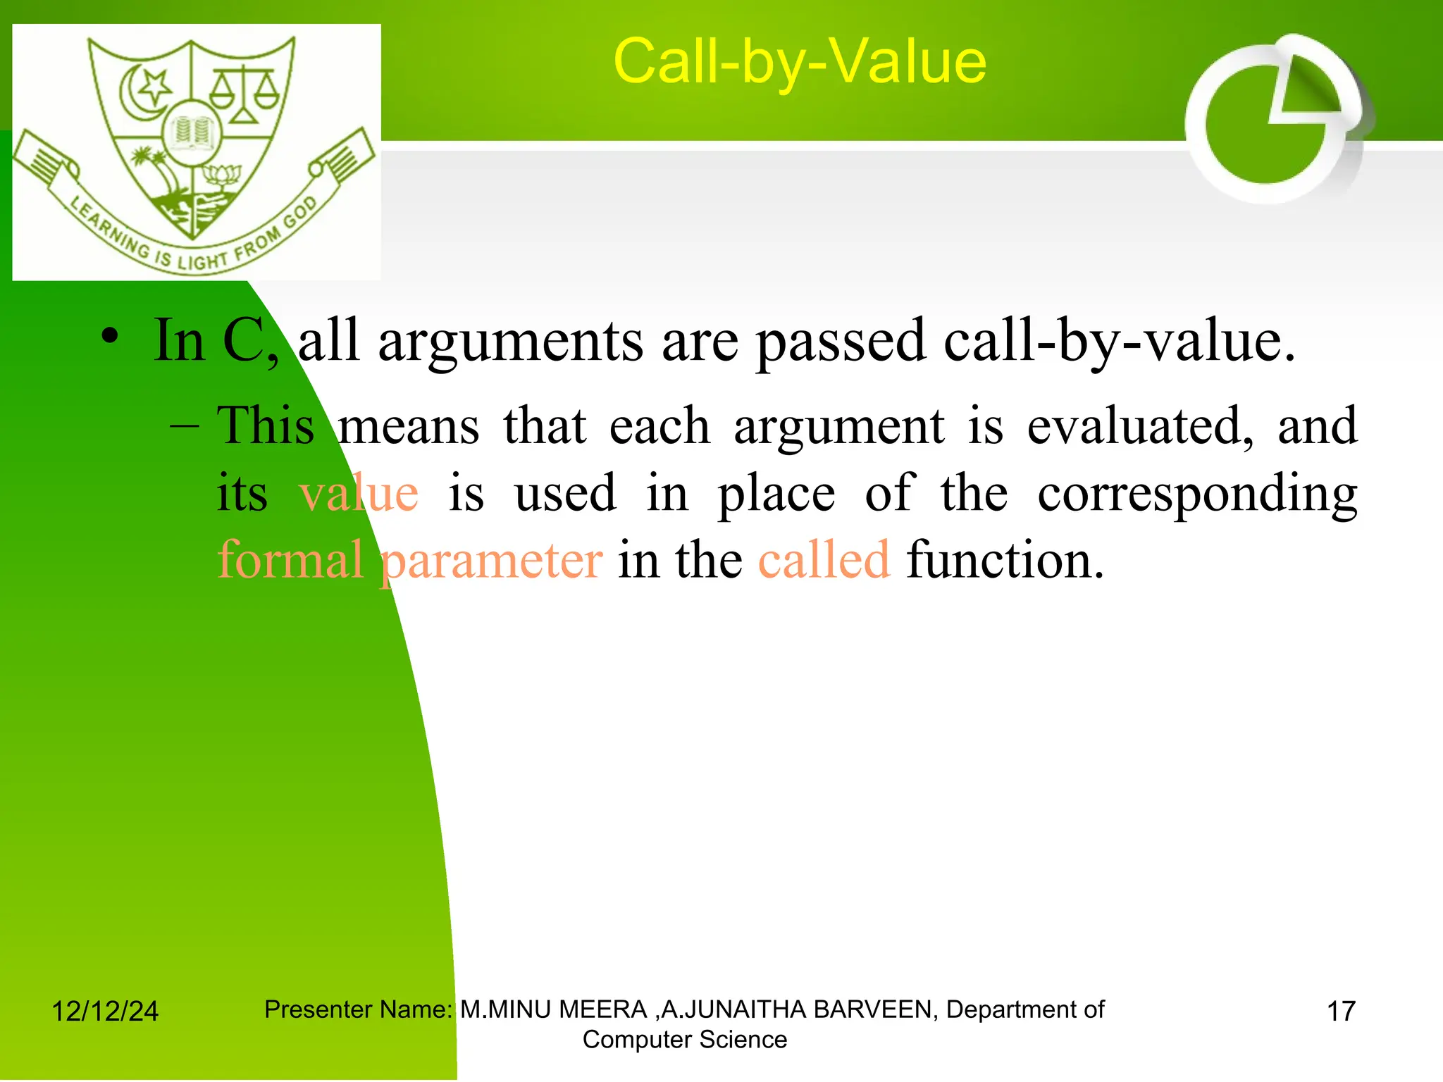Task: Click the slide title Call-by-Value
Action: (x=800, y=62)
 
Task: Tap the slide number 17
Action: (x=1341, y=1012)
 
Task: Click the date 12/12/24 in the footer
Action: (x=105, y=1012)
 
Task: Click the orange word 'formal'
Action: (x=290, y=560)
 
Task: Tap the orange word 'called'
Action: (x=824, y=560)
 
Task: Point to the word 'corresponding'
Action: (x=1197, y=495)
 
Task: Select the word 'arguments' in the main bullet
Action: (x=510, y=342)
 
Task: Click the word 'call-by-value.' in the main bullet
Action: (x=1119, y=342)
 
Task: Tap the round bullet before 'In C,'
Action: (x=109, y=336)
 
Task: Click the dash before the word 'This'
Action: (x=185, y=426)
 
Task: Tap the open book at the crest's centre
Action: (x=192, y=133)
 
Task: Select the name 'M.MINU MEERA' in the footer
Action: (x=554, y=1009)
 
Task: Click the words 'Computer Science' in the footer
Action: (x=684, y=1040)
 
